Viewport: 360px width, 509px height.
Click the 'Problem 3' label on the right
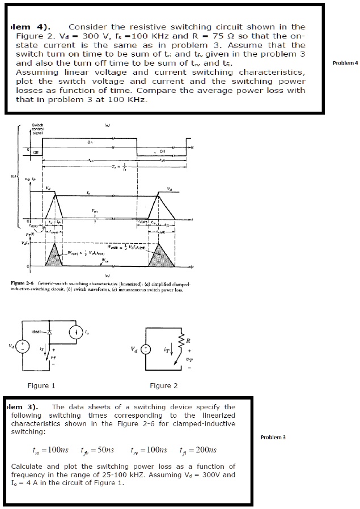click(x=273, y=437)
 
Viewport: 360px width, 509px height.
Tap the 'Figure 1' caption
click(x=41, y=385)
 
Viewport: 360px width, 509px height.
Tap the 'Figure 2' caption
click(x=163, y=385)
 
